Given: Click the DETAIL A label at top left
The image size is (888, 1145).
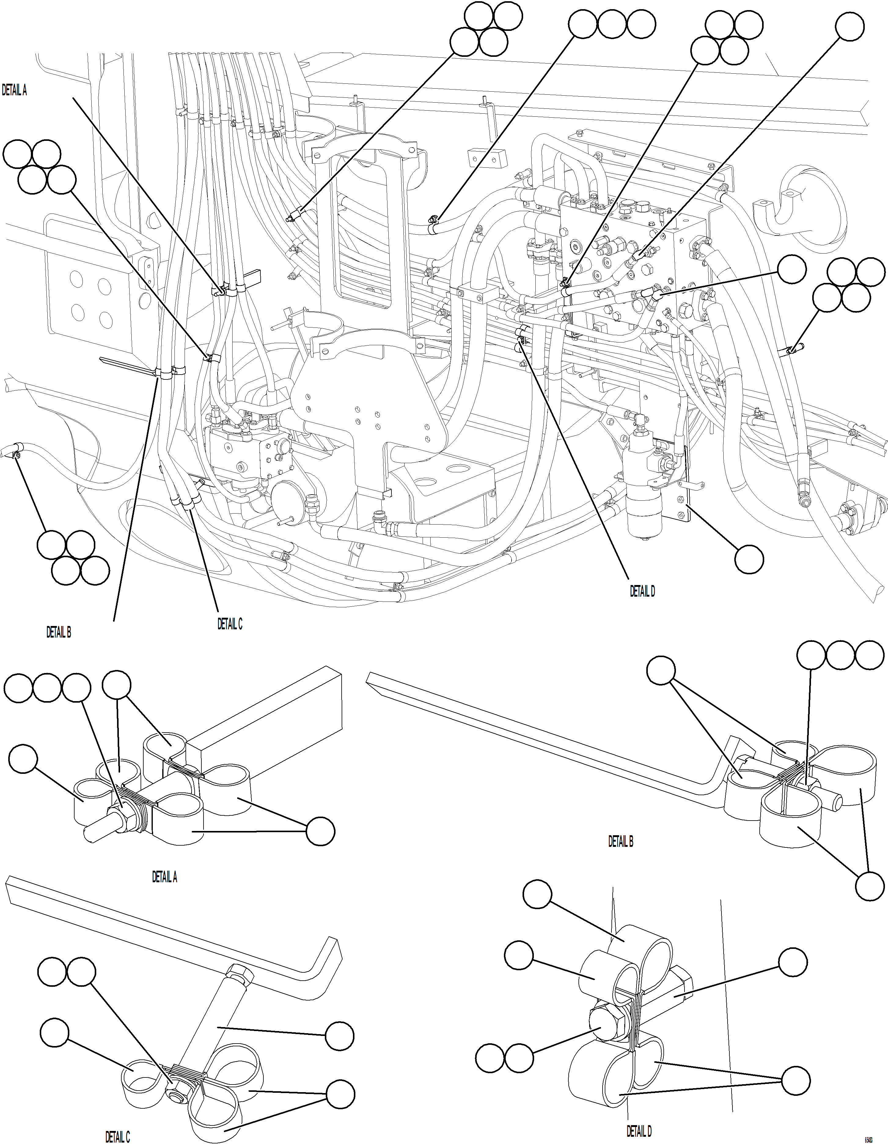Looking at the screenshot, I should (14, 90).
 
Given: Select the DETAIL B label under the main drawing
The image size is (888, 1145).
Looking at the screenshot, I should (58, 632).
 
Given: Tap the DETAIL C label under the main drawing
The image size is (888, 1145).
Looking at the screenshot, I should (230, 624).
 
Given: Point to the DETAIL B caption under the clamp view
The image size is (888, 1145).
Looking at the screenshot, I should (621, 841).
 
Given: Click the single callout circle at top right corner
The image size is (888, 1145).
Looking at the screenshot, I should (850, 26).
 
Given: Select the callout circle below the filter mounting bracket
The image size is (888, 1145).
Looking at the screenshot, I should (748, 559).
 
